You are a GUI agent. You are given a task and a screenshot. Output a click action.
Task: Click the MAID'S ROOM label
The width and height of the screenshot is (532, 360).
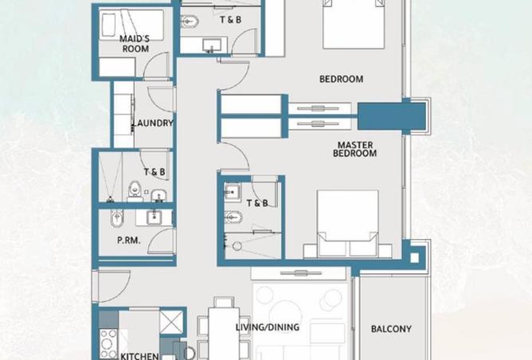coord(135,43)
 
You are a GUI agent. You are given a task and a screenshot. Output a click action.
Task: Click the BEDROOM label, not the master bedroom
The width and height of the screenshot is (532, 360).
coord(341,79)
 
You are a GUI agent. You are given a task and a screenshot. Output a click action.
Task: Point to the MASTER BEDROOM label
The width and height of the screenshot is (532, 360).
coord(356,149)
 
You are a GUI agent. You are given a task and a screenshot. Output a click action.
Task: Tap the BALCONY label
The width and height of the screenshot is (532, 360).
coord(391,329)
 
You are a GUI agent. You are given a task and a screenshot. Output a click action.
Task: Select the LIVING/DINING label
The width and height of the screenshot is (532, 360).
coord(268,327)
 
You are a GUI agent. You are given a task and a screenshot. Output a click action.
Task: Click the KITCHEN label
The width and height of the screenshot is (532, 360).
coord(139,356)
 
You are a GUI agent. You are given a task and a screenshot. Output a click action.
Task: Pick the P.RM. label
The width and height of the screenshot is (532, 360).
coord(128,239)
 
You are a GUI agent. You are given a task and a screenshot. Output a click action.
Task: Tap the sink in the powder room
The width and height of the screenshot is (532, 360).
coord(153,217)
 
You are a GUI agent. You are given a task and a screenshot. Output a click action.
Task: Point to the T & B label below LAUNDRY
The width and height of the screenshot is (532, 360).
coord(155,171)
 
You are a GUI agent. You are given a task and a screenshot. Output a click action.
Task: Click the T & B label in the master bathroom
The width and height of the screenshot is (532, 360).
coord(257,203)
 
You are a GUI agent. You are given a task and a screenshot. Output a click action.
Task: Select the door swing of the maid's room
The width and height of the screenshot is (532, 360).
coord(159,67)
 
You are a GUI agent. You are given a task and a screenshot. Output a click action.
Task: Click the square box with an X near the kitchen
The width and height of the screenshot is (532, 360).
coord(172,321)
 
